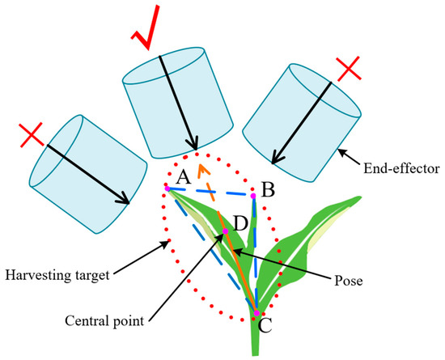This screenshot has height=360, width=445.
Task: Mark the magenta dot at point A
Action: tap(167, 188)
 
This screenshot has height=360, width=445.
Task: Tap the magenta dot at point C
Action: tap(257, 313)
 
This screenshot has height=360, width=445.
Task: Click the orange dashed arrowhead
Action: tap(205, 168)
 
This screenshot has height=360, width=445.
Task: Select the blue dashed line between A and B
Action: tap(210, 193)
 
